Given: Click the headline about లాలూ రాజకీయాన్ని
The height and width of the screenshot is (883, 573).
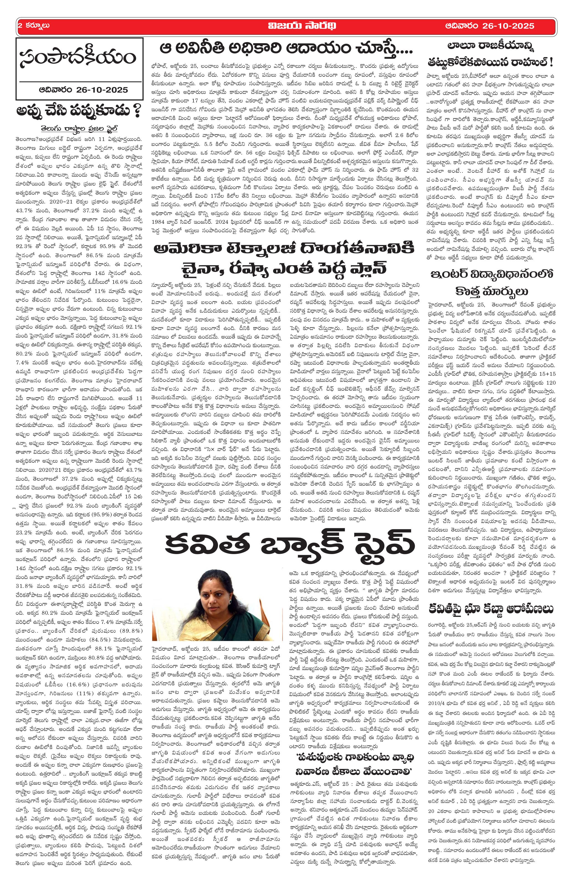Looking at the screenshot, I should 491,46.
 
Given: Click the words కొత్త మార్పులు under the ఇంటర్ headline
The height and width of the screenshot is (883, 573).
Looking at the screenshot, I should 491,290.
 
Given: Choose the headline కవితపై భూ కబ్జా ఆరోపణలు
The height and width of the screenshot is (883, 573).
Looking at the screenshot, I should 491,609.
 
